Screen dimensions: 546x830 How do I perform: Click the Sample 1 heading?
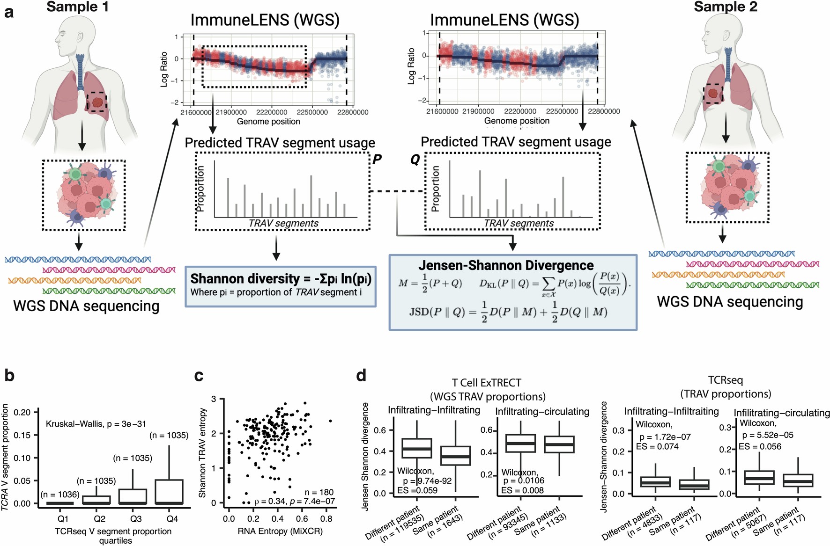[x=77, y=7]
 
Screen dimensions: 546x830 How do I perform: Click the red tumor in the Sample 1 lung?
[x=97, y=102]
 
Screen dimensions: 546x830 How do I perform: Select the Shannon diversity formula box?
[x=280, y=286]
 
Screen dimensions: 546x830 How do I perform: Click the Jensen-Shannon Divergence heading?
[x=506, y=265]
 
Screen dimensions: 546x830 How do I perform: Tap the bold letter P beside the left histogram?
[x=377, y=160]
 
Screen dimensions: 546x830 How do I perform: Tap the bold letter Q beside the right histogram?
[x=415, y=160]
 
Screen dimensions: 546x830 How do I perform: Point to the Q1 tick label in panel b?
[x=63, y=519]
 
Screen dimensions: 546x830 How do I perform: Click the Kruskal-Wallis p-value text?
[x=96, y=424]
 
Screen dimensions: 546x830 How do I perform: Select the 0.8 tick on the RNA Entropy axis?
[x=326, y=519]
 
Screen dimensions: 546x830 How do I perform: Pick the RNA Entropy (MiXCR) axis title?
[x=280, y=531]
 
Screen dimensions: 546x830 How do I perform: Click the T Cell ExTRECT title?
[x=486, y=383]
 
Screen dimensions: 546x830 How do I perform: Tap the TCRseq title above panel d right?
[x=725, y=380]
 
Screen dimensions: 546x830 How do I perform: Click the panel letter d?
[x=361, y=375]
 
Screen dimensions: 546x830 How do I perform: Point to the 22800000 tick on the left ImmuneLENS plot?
[x=353, y=112]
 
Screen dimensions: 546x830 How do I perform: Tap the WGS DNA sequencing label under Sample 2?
[x=730, y=302]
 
